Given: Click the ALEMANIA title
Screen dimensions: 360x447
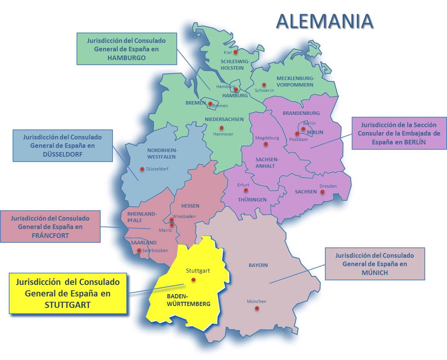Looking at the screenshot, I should click(324, 21).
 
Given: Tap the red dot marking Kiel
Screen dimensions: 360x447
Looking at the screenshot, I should click(236, 52).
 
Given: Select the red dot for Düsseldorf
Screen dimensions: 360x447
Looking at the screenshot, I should click(142, 169).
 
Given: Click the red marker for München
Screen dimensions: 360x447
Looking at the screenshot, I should click(257, 308).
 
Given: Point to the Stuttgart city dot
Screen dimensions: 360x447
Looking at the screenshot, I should click(194, 280).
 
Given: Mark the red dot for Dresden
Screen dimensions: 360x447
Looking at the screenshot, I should click(322, 192).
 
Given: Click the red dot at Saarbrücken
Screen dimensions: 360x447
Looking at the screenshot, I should click(139, 250).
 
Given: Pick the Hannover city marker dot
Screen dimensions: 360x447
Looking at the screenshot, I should click(221, 128).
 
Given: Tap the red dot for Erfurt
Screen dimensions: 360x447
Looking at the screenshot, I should click(246, 190).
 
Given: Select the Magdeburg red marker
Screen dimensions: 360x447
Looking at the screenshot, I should click(266, 144).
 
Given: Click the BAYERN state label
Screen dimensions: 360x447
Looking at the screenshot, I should click(258, 265).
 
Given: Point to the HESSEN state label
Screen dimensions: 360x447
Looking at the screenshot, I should click(190, 206).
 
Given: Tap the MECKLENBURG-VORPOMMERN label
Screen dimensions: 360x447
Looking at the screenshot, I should click(295, 82).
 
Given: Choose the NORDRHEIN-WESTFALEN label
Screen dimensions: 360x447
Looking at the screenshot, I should click(163, 153).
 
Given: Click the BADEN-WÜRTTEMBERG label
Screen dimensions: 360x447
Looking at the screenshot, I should click(188, 300).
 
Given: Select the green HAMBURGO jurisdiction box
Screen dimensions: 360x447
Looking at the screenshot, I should click(127, 49).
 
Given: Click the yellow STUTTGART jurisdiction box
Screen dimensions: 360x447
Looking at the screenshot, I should click(68, 293).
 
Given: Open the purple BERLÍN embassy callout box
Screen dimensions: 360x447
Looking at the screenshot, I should click(399, 133).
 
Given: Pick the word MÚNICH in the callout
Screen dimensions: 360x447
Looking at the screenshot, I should click(375, 273).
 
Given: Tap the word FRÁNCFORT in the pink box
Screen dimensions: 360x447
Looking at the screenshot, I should click(50, 235).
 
